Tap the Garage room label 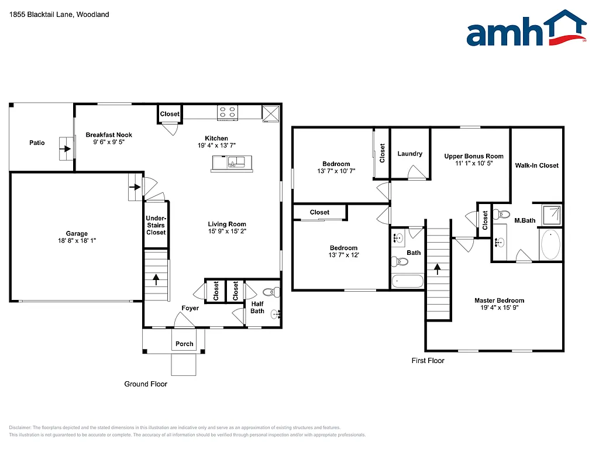77,233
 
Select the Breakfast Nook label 109,135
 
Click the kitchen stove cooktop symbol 228,112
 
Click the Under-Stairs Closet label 156,225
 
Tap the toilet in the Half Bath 270,292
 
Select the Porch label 184,344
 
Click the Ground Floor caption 146,384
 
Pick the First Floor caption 428,361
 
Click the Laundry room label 409,154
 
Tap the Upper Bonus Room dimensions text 474,164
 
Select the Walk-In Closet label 536,165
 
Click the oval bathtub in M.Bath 550,245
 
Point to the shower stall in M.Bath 550,215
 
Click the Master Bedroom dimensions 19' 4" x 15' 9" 499,308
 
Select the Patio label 37,143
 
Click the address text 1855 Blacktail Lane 41,15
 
